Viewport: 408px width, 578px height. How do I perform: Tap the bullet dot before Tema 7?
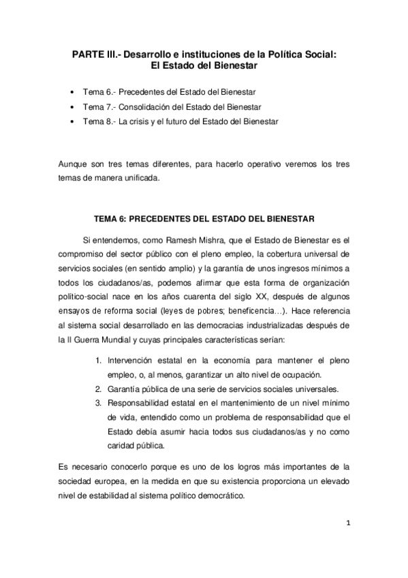tap(73, 107)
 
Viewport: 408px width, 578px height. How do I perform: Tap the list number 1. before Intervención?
tap(97, 359)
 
